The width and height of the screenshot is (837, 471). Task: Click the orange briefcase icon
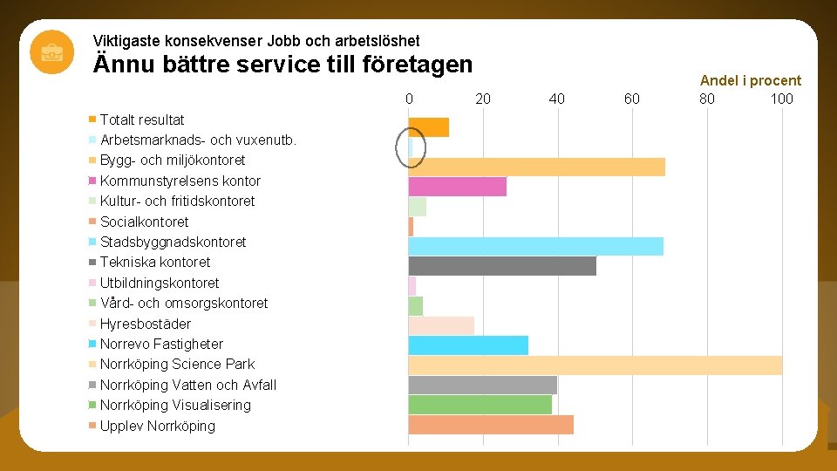pos(52,51)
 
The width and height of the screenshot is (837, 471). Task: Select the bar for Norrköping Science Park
pos(595,365)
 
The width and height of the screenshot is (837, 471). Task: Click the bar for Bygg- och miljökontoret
pos(536,167)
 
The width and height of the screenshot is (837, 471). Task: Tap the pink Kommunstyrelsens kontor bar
pos(457,187)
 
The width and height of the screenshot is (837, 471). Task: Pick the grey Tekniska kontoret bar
pos(502,265)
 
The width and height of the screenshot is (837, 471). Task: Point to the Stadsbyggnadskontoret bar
pos(535,246)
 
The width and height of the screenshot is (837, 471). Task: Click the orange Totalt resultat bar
pos(429,127)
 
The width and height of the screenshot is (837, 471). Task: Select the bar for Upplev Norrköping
pos(491,425)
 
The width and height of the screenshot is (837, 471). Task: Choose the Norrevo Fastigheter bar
pos(468,345)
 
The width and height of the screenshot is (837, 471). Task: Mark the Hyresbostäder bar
pos(441,325)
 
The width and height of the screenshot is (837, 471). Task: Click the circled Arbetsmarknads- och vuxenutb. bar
pos(412,147)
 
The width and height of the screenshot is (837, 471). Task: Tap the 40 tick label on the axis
pos(557,99)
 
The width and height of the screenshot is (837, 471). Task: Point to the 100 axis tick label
pos(781,99)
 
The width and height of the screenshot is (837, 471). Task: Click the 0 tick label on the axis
pos(409,99)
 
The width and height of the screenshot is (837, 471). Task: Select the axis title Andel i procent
pos(750,80)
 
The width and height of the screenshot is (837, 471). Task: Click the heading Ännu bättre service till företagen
pos(282,64)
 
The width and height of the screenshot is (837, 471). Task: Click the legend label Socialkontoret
pos(144,222)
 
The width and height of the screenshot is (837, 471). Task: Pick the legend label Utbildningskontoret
pos(160,283)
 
